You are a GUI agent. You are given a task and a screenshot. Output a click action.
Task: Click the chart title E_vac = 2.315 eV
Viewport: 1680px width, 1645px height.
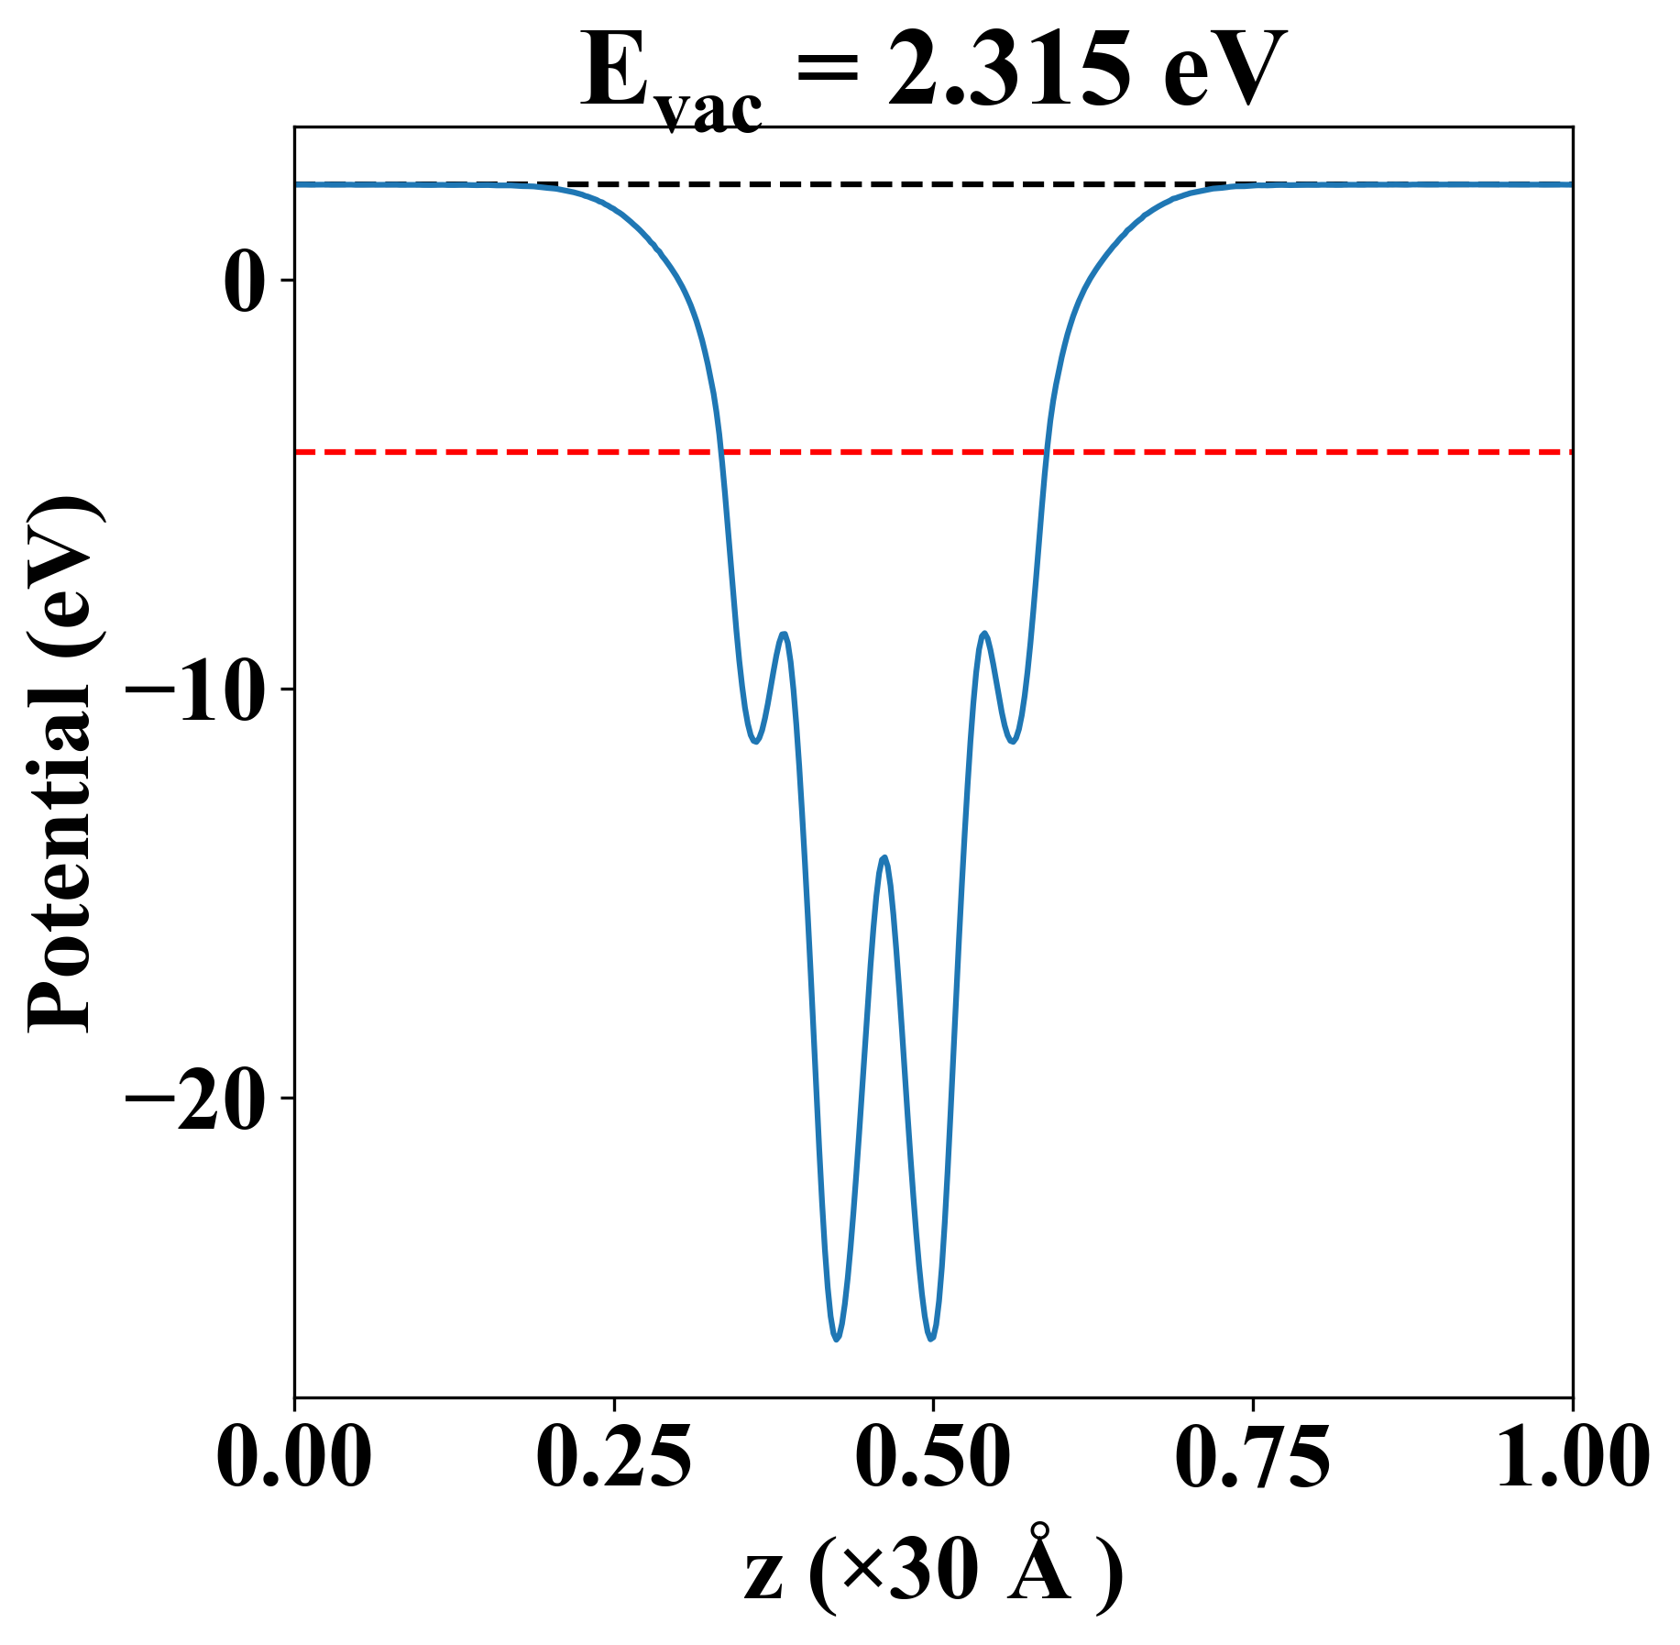932,73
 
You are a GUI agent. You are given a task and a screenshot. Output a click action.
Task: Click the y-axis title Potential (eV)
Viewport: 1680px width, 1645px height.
62,767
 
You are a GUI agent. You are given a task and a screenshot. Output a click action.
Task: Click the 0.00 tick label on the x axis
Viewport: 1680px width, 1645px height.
294,1457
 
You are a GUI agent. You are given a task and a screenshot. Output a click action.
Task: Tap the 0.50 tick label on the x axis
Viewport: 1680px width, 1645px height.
933,1457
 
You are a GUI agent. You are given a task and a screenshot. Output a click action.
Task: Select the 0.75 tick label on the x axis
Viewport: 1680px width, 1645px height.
1252,1457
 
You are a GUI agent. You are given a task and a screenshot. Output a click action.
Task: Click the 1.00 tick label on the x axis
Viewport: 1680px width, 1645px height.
1571,1457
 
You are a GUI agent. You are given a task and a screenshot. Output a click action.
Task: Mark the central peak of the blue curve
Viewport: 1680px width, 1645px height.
884,857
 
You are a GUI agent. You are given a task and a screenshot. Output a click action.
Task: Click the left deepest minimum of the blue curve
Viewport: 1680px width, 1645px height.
836,1339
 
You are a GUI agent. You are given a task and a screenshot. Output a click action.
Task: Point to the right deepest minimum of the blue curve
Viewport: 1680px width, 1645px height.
931,1339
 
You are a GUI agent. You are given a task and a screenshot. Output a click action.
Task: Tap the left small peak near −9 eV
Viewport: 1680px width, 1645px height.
785,634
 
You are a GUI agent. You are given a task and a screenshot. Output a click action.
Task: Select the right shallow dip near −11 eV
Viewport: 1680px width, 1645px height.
1013,741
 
